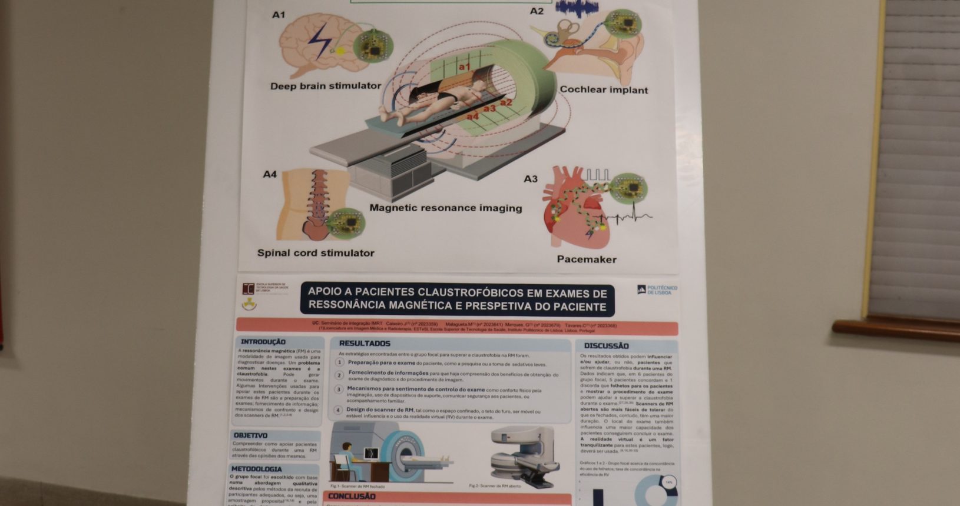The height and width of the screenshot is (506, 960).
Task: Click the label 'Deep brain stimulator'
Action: [326, 86]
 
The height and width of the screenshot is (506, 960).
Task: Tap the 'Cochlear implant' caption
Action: [604, 90]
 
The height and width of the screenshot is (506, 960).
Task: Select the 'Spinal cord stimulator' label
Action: [316, 253]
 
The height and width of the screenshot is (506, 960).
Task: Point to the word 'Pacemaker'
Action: [587, 259]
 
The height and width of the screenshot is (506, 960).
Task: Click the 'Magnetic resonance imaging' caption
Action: [446, 208]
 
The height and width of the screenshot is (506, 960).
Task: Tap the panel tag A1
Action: [278, 15]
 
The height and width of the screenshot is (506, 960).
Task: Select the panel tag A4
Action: [270, 174]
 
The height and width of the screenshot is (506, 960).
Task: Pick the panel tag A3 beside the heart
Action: [531, 179]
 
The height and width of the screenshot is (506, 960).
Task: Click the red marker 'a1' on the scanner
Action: [465, 67]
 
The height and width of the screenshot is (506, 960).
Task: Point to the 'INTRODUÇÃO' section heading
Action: [263, 342]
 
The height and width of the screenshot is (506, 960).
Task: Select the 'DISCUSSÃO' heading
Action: [606, 346]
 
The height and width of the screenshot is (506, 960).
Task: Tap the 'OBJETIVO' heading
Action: [250, 435]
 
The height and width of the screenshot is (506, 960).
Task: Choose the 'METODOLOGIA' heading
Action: [256, 469]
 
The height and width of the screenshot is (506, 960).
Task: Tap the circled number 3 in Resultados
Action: [339, 390]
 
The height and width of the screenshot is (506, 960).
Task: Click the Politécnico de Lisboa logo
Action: [657, 290]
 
